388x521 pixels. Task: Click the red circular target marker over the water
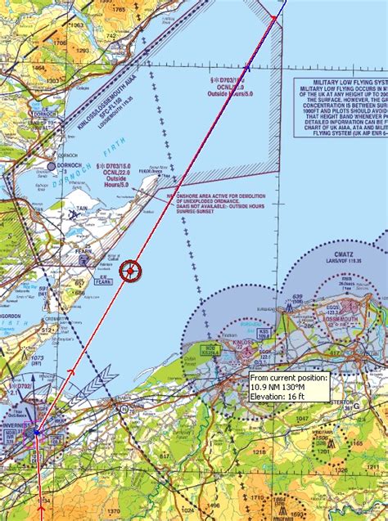[130, 271]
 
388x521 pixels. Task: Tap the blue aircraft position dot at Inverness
[37, 432]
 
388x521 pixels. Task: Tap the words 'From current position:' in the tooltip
[289, 378]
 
